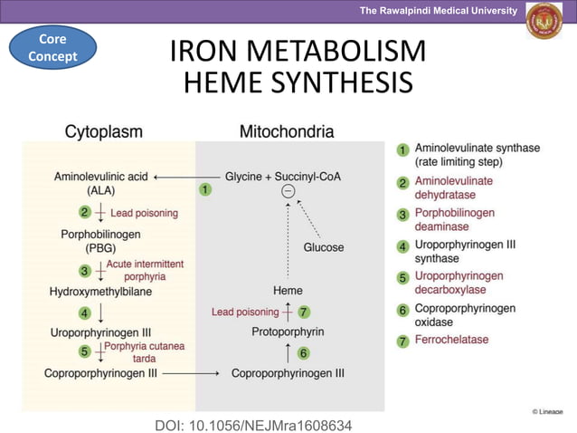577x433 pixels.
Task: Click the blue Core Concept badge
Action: pyautogui.click(x=52, y=48)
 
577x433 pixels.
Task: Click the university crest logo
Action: pyautogui.click(x=544, y=22)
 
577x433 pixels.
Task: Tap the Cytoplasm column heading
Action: pyautogui.click(x=103, y=132)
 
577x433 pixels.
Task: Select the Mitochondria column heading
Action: pyautogui.click(x=287, y=132)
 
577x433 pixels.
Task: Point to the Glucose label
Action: pyautogui.click(x=323, y=247)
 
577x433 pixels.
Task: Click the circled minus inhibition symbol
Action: pyautogui.click(x=288, y=191)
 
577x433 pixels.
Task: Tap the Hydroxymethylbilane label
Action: pyautogui.click(x=100, y=292)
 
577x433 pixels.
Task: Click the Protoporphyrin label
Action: pyautogui.click(x=288, y=332)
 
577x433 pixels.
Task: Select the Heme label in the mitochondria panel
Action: pyautogui.click(x=288, y=291)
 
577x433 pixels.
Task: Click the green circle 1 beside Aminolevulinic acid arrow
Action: pyautogui.click(x=206, y=190)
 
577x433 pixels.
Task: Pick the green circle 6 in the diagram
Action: pyautogui.click(x=304, y=352)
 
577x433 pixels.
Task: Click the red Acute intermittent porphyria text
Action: pyautogui.click(x=145, y=270)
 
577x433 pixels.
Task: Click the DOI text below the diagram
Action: pyautogui.click(x=253, y=424)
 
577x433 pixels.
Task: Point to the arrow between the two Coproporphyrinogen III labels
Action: pyautogui.click(x=191, y=372)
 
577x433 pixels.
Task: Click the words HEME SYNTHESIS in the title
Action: pyautogui.click(x=298, y=83)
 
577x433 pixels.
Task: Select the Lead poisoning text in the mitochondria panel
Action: pyautogui.click(x=245, y=313)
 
